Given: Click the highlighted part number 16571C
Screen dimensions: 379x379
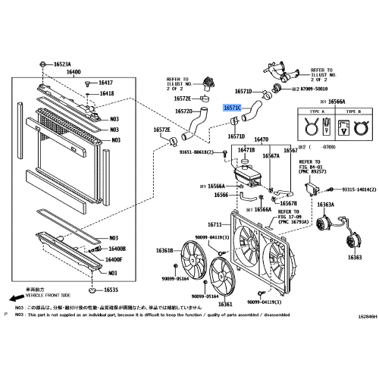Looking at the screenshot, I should point(231,108).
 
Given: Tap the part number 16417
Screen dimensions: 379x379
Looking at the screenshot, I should point(103,82).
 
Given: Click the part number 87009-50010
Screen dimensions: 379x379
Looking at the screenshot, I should point(317,89).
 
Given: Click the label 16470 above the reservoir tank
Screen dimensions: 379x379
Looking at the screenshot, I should point(262,139).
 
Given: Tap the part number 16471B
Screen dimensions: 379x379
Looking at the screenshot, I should point(246,151).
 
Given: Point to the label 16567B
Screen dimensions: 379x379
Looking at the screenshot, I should point(289,202).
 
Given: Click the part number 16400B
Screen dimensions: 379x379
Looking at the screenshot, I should point(117,249).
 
